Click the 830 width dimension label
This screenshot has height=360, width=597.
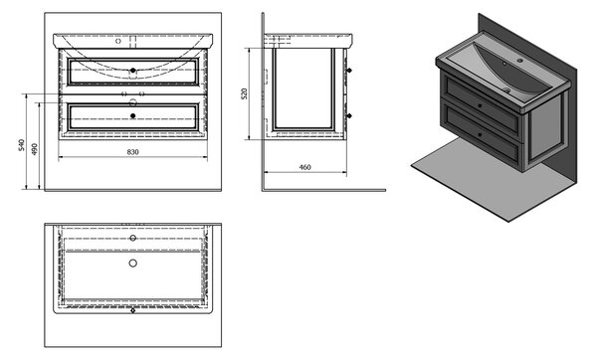click(132, 152)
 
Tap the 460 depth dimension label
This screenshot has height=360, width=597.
click(304, 167)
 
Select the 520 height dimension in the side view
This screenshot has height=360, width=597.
click(244, 93)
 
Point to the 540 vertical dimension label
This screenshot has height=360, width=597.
click(21, 145)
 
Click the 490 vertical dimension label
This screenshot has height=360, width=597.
click(34, 149)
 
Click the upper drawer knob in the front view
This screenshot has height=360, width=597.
click(133, 71)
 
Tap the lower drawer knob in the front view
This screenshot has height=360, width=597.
click(133, 115)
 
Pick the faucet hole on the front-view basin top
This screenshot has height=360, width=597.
click(118, 41)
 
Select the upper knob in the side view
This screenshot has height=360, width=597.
click(349, 71)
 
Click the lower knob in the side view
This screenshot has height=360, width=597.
click(349, 115)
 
